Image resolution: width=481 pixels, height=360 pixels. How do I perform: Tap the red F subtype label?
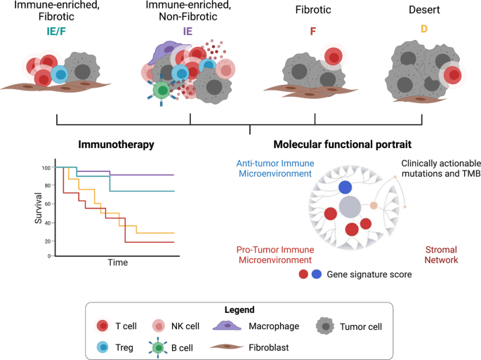coord(314,32)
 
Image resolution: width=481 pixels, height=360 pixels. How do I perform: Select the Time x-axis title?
coord(117,262)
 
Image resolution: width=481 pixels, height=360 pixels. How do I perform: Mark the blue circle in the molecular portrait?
coord(345,187)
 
